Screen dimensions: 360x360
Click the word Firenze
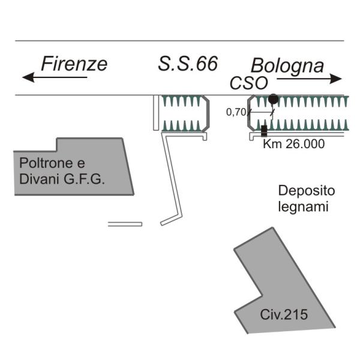coord(74,64)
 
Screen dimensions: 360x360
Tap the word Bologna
coord(287,65)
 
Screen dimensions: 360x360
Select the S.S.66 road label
coord(188,64)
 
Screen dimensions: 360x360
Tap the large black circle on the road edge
coord(273,98)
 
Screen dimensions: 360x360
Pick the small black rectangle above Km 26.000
coord(264,129)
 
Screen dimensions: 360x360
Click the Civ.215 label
coord(284,314)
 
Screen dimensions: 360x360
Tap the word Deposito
coord(307,191)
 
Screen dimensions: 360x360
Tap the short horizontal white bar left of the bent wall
coord(125,224)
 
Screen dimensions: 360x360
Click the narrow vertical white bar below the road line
coord(155,112)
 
